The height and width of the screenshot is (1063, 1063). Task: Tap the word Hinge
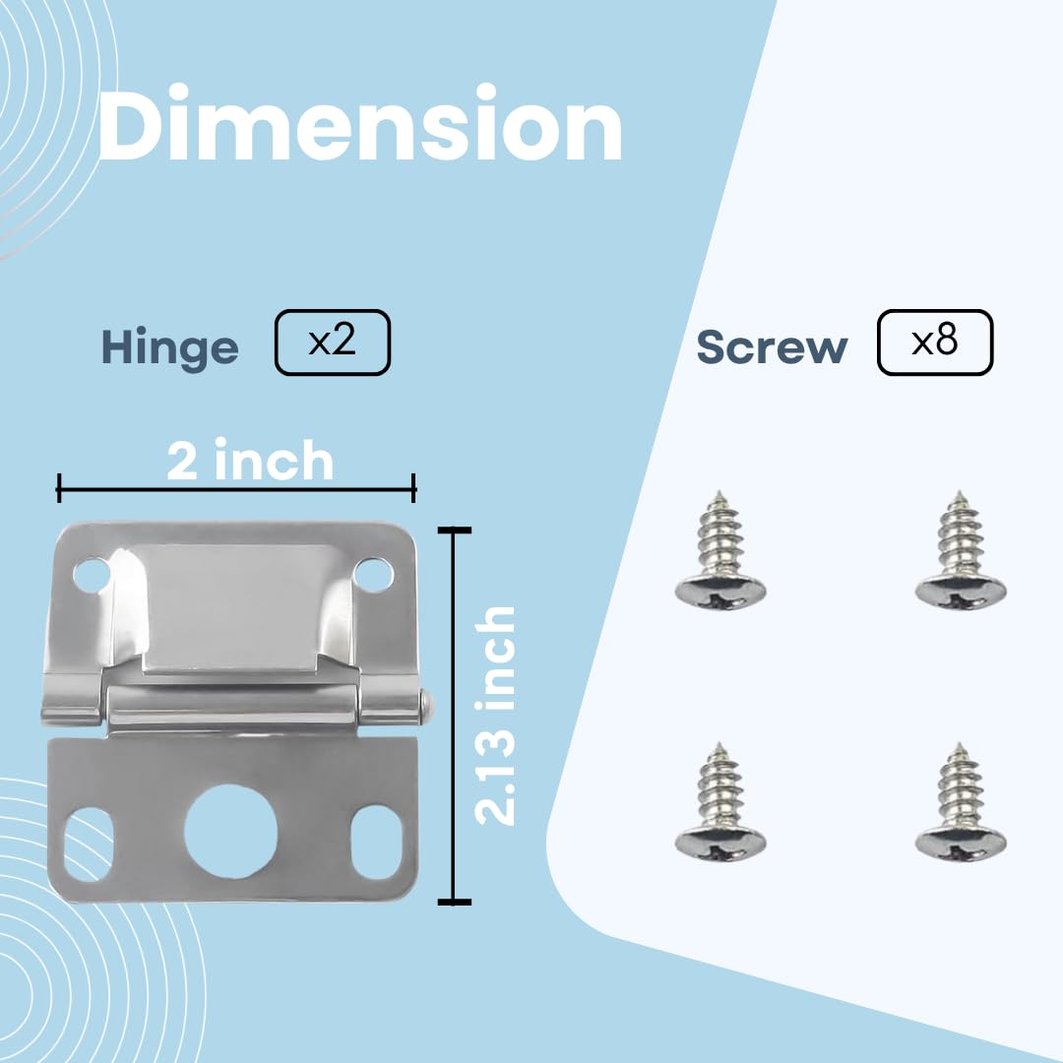coord(169,347)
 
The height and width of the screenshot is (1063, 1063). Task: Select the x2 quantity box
coord(333,343)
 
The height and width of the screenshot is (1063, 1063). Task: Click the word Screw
coord(772,347)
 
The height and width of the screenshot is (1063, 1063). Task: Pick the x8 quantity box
coord(934,343)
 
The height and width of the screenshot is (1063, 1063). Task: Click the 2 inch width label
coord(250,461)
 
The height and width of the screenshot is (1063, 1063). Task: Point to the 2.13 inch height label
coord(495,716)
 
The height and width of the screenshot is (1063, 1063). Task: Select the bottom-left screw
coord(719,804)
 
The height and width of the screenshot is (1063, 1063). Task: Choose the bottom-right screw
coord(960,804)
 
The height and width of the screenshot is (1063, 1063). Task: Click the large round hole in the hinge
coord(225,831)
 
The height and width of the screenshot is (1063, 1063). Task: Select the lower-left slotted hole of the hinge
coord(89,844)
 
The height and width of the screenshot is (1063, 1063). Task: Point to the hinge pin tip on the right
coord(427,703)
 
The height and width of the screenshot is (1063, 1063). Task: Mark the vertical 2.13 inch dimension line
coord(454,716)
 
